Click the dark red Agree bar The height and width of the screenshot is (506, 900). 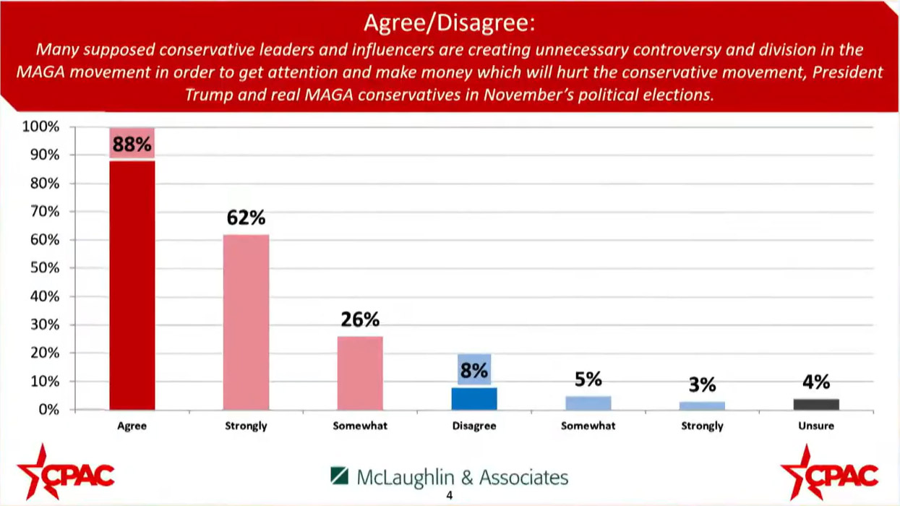(x=132, y=286)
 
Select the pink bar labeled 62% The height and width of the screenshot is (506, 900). (x=246, y=322)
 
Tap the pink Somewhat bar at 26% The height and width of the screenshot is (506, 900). (x=360, y=373)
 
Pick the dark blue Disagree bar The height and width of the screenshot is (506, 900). (x=474, y=398)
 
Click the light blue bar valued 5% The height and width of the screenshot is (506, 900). (x=588, y=403)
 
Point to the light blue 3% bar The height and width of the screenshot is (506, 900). (x=702, y=406)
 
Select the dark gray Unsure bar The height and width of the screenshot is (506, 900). (x=816, y=404)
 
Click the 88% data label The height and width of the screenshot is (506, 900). (x=132, y=145)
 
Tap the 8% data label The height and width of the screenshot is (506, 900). (x=474, y=371)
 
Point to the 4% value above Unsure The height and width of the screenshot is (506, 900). (x=816, y=382)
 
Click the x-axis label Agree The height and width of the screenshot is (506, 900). (x=132, y=426)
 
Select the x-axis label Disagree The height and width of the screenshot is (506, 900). (x=474, y=426)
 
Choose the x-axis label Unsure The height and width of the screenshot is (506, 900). (x=816, y=426)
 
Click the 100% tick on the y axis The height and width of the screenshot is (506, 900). (x=40, y=127)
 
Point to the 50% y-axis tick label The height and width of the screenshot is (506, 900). (x=43, y=268)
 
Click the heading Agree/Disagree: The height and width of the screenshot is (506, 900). (x=449, y=23)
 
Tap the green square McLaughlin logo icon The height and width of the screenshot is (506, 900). (x=339, y=476)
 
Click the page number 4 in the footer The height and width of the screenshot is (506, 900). (x=449, y=496)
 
